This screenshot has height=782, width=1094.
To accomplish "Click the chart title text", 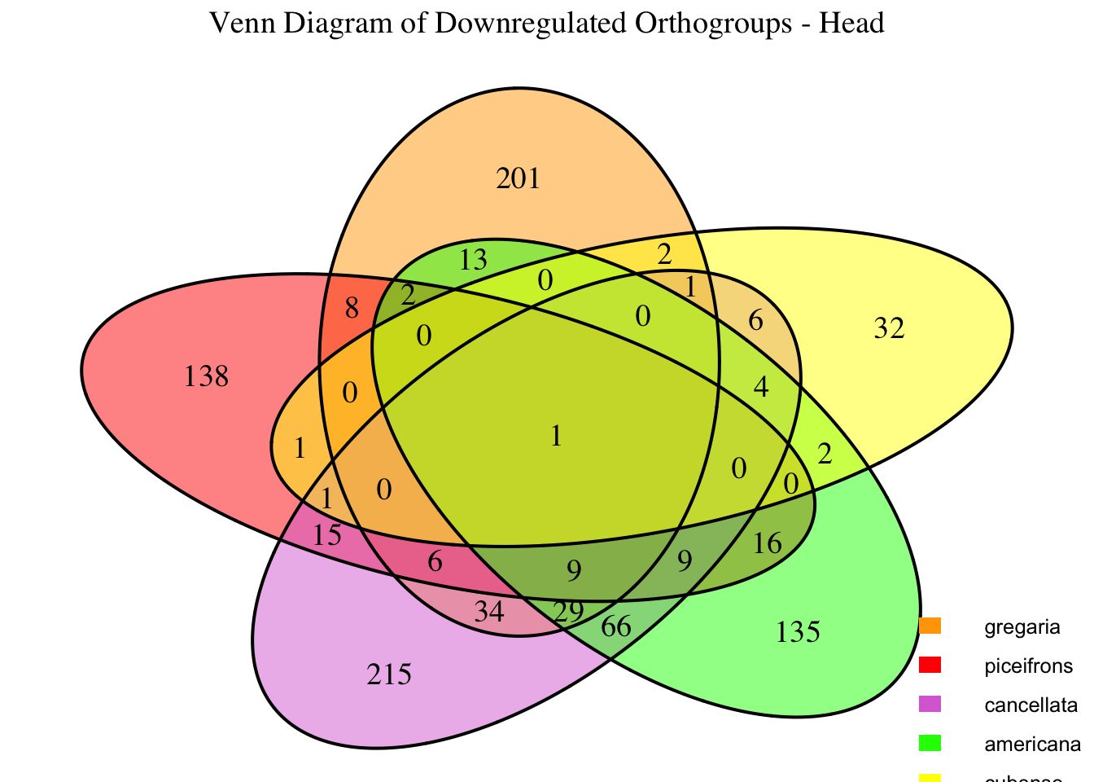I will coord(547,23).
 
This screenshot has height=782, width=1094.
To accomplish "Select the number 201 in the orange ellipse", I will coord(519,178).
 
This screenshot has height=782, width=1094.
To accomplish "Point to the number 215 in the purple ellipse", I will coord(390,674).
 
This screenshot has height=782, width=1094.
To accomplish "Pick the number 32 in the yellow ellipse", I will coord(889,329).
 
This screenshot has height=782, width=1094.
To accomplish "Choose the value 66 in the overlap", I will coord(617,628).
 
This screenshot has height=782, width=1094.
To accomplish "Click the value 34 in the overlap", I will coord(489,611).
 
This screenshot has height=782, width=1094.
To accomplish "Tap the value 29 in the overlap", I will coord(568,611).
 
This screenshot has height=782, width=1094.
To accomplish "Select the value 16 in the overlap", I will coord(768,543).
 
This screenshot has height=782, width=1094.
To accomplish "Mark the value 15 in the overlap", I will coord(327,536).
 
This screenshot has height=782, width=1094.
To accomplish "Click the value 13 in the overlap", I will coord(473,261).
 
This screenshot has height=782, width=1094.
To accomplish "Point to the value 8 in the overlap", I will coord(352,308).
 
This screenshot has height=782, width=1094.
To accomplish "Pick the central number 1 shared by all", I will coord(556,437).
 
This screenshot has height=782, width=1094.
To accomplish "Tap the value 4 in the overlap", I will coord(761,386).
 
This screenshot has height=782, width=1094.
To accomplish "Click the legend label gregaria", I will coord(1022,627).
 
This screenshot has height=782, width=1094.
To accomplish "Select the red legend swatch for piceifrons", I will coord(930,665).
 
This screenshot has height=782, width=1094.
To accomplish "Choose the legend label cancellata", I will coord(1031,705).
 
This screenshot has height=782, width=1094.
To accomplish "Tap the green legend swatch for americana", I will coord(930,743).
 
